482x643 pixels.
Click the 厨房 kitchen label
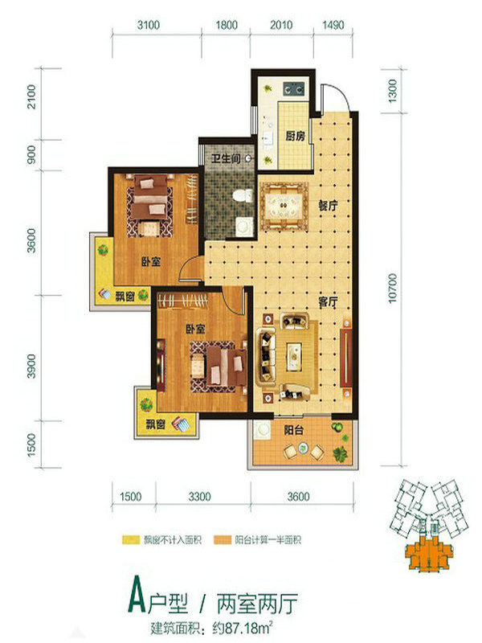295,136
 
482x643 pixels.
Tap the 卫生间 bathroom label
226,158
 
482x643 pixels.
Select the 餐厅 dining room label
328,205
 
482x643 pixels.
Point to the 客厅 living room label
328,302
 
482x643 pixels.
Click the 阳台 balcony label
294,430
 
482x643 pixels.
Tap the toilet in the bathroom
243,195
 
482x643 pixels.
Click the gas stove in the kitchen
294,88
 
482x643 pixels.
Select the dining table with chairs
284,206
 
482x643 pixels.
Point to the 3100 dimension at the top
149,25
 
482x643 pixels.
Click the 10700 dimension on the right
392,289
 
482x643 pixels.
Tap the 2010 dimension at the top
281,25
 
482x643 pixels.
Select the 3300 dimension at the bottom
199,497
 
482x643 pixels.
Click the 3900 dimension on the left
31,367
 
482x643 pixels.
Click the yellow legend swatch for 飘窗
131,539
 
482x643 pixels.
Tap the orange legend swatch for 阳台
223,539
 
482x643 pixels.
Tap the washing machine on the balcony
262,430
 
